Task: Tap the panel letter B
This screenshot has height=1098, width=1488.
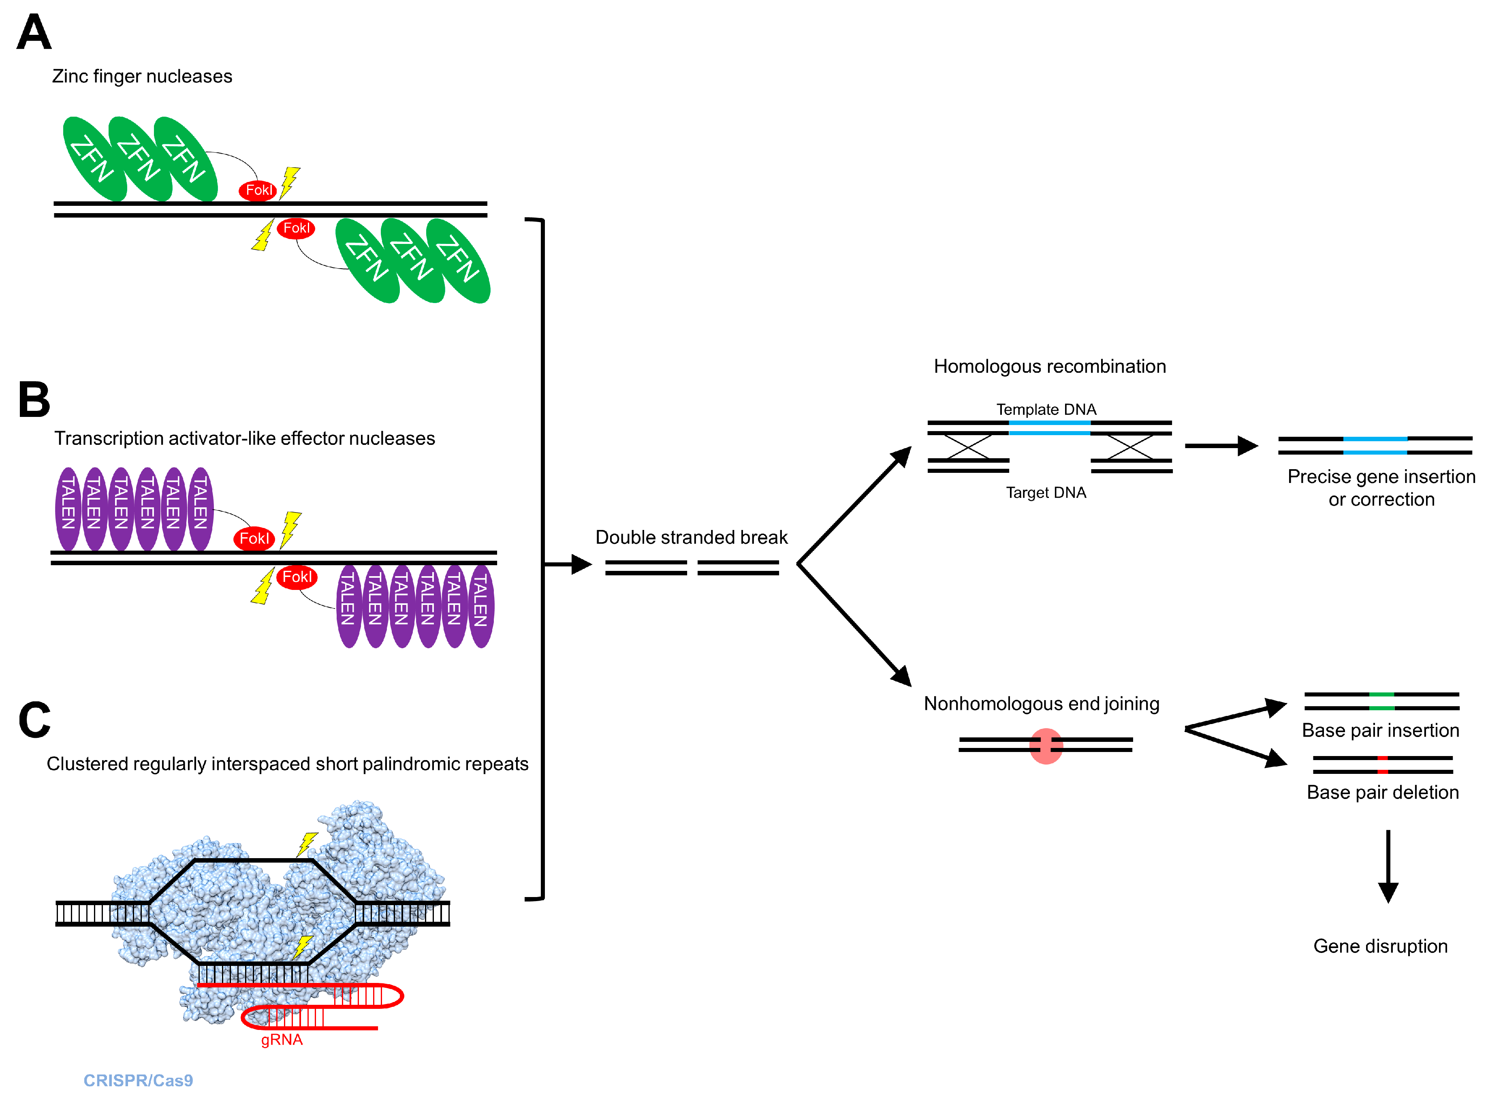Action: point(34,400)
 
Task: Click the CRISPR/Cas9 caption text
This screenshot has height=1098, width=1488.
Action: point(138,1081)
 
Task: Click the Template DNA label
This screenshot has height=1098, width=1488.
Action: point(1046,410)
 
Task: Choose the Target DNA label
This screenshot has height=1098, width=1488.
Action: point(1046,493)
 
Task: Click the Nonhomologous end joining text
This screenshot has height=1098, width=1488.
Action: point(1042,703)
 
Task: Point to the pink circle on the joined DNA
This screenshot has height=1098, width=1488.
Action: point(1046,746)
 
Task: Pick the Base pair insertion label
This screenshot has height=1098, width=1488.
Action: point(1380,731)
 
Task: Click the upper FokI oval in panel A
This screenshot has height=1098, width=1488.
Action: point(258,190)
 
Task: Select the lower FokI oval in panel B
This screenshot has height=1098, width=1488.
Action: point(297,577)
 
